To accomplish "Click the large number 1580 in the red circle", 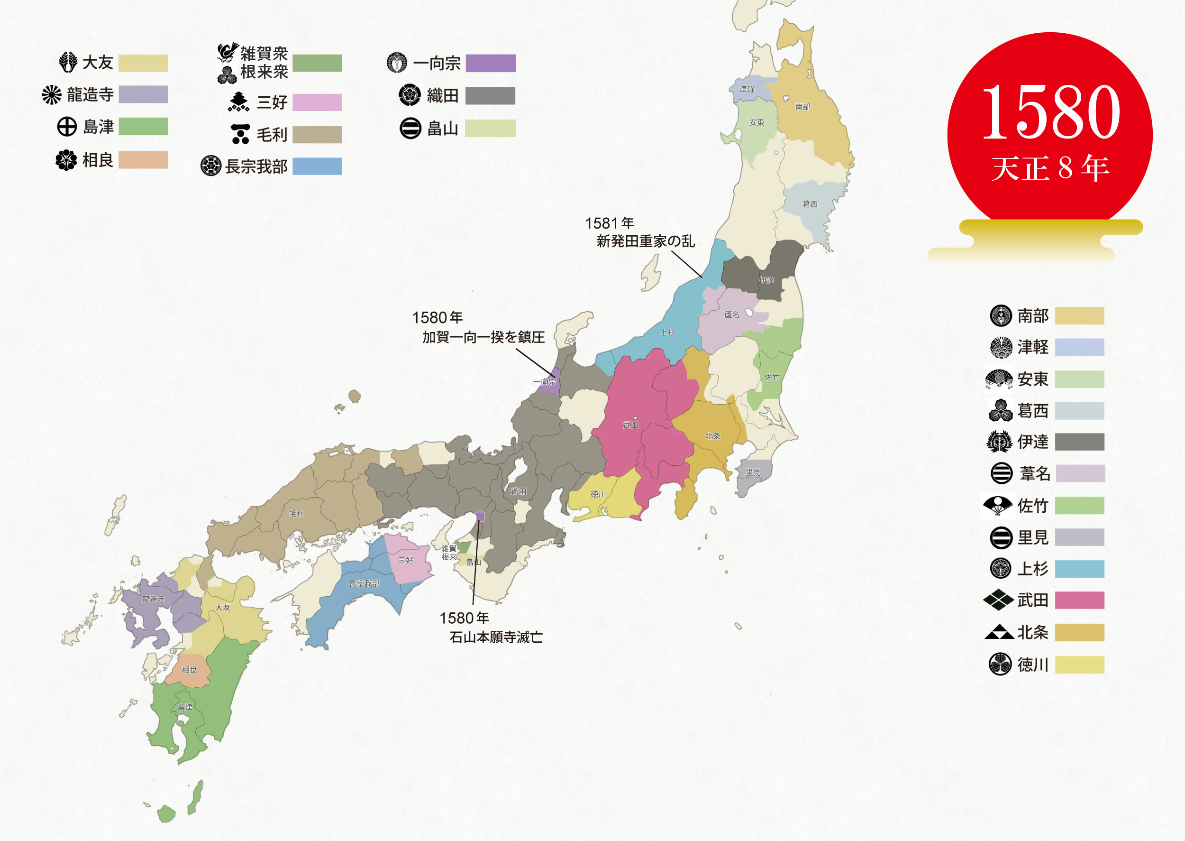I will (x=1050, y=112).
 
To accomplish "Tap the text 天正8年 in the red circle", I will (x=1050, y=168).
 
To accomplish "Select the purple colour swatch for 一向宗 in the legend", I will (x=490, y=63).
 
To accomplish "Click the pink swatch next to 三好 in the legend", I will (x=317, y=102).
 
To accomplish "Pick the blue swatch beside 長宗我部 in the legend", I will (x=317, y=166).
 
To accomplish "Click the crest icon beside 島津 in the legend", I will (x=67, y=126).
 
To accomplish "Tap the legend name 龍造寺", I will (x=90, y=95).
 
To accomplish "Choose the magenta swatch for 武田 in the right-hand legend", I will (x=1079, y=600).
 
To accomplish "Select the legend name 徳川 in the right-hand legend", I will (x=1032, y=665).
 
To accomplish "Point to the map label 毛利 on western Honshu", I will (x=297, y=514).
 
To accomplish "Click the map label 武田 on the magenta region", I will (x=630, y=425).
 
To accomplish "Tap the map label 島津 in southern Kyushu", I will (x=185, y=707).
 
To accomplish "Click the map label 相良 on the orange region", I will (x=190, y=670).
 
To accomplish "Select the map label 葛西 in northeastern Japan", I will (x=810, y=204).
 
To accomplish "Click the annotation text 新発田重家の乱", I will (x=645, y=241).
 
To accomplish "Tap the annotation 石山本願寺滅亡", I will (x=496, y=638).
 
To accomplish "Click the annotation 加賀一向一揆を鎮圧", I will (x=483, y=338).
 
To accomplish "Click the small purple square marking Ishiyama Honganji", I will (x=480, y=516).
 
